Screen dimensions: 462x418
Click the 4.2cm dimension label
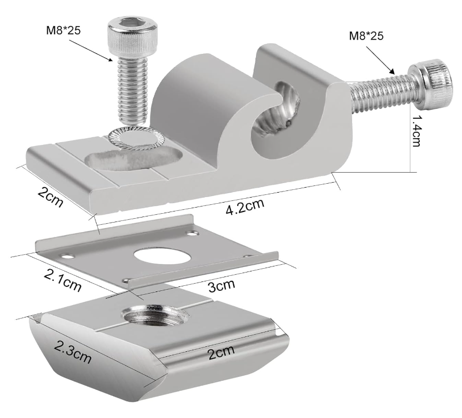245,206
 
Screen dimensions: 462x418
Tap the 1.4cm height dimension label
416,130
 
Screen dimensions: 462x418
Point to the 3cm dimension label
222,285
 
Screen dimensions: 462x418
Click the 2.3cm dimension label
73,351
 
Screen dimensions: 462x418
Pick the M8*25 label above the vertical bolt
63,31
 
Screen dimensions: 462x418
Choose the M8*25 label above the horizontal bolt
366,36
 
